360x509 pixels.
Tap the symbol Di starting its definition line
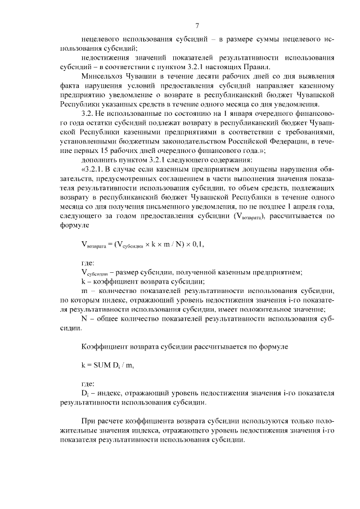tap(85, 392)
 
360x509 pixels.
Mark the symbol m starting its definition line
tap(84, 291)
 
